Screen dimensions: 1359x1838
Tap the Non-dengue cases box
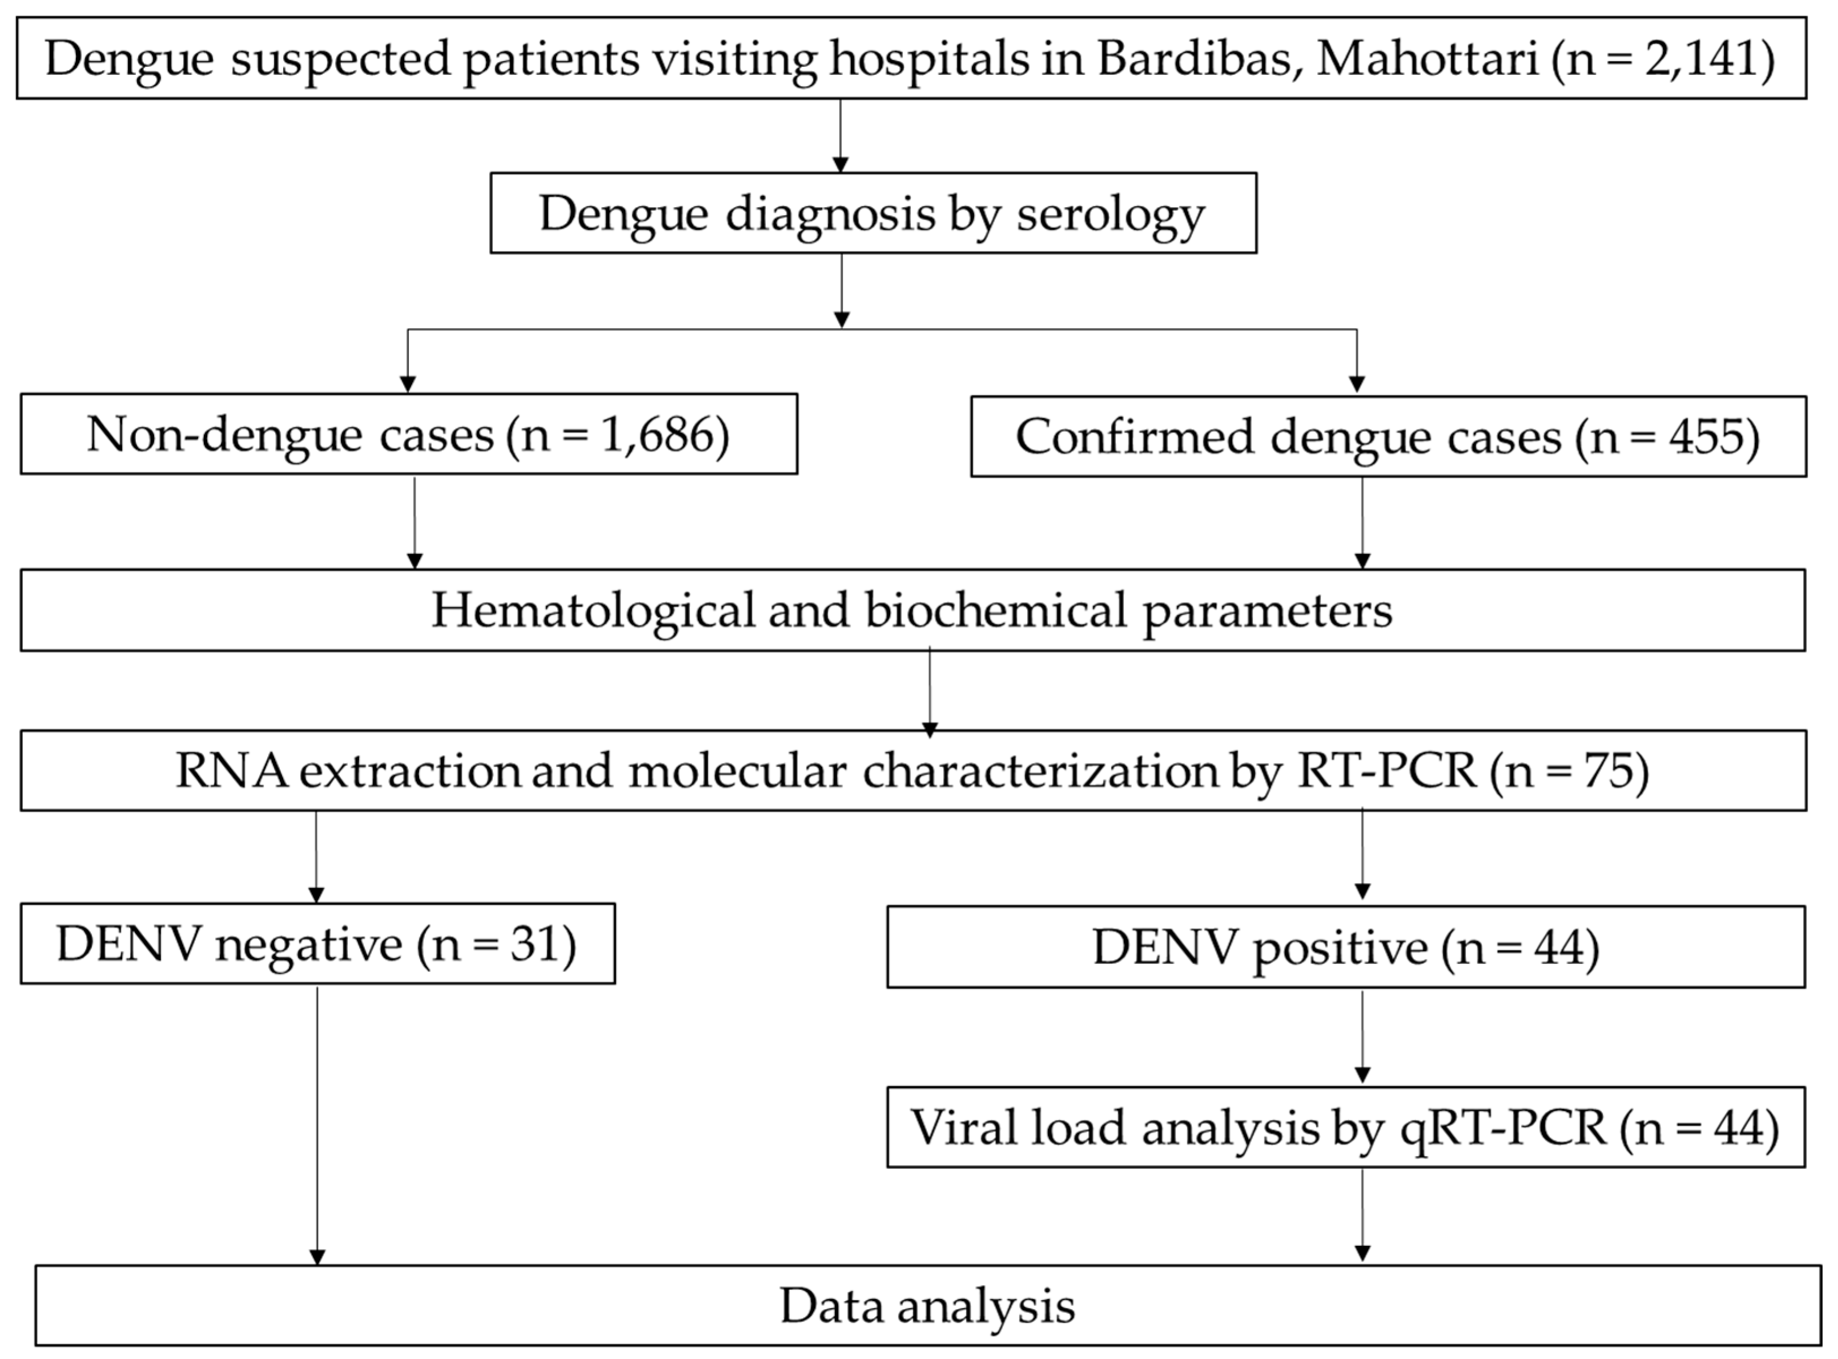408,434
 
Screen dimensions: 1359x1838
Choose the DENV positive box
1345,948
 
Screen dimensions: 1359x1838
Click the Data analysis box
927,1306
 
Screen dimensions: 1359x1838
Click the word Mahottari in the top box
1427,59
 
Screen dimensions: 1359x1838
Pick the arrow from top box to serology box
840,136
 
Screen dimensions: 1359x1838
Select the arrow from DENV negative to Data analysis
317,1127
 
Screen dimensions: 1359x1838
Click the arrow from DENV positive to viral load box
1362,1036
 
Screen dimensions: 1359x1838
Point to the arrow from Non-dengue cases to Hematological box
414,522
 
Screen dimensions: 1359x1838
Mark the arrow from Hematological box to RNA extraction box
930,691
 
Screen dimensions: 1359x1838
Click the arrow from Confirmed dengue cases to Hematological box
1362,522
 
